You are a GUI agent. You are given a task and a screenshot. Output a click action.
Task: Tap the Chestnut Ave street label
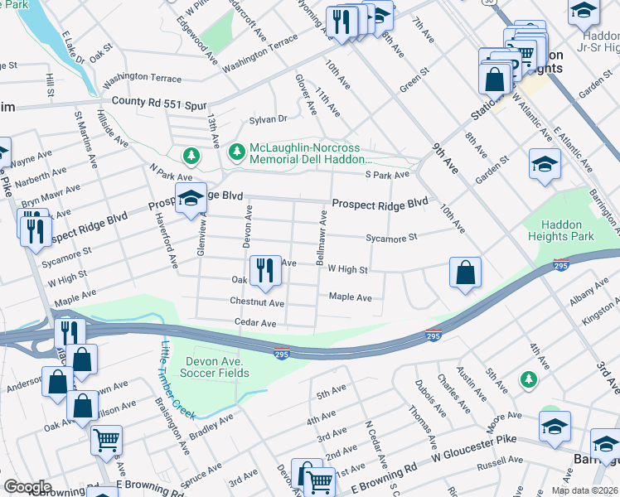257,304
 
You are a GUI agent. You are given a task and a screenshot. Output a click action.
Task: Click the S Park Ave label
387,175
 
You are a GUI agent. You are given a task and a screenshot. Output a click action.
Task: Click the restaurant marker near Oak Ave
265,271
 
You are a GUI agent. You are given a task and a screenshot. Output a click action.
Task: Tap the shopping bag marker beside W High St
466,272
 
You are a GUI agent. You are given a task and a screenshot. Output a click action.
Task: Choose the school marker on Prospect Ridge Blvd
190,199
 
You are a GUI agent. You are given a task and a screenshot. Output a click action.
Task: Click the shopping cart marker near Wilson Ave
106,441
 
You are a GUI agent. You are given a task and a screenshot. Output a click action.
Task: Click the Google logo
27,487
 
